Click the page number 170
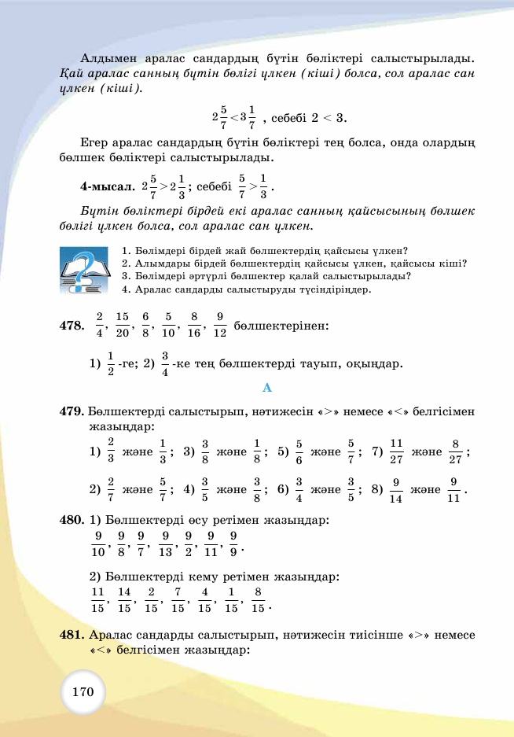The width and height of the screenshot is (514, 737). (x=83, y=692)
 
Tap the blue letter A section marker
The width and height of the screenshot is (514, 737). (x=266, y=388)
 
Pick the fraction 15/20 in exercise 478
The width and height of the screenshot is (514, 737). (x=122, y=324)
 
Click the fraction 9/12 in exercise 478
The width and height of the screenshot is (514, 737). (x=219, y=324)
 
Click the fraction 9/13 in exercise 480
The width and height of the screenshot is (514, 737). (x=165, y=542)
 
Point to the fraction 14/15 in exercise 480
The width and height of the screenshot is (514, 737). (x=124, y=599)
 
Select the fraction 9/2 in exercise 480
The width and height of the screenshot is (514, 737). (x=189, y=542)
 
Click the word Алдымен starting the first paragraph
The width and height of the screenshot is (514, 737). (x=108, y=59)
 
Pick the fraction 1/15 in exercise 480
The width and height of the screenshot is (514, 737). (x=231, y=599)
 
